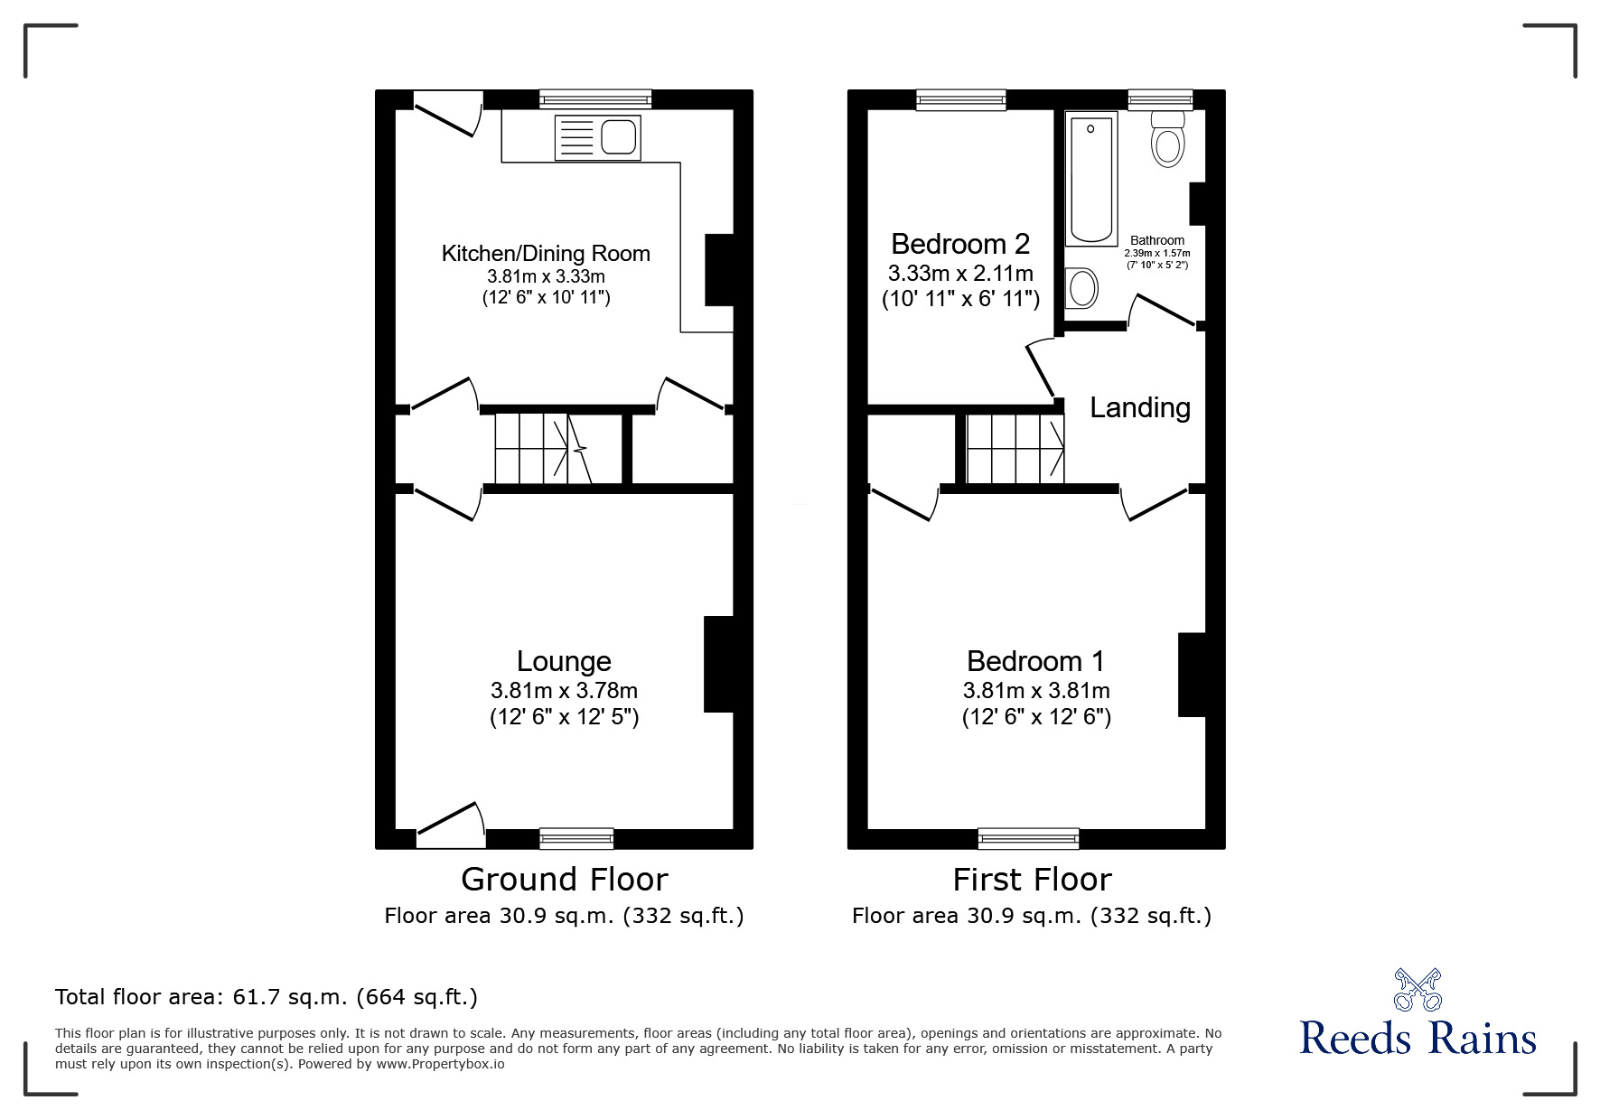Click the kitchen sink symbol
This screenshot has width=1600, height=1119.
(x=598, y=138)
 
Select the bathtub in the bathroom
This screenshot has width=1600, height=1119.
(x=1091, y=178)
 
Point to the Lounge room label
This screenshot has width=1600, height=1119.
(x=564, y=661)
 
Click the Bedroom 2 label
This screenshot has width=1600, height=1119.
(x=960, y=244)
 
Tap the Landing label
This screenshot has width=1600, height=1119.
(x=1139, y=408)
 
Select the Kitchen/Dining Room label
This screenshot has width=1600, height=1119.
(x=546, y=254)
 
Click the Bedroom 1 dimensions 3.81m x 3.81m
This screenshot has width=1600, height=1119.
(x=1036, y=691)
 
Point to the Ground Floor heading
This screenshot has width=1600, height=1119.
(x=564, y=879)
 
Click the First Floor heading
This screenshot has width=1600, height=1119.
(x=1032, y=879)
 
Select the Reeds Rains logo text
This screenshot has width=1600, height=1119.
(x=1418, y=1039)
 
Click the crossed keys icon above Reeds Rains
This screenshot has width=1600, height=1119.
(x=1418, y=989)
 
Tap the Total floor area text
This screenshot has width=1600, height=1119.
(x=267, y=997)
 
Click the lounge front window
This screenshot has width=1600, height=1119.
(x=576, y=839)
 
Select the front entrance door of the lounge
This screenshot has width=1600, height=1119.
(x=450, y=826)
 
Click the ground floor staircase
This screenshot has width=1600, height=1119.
(x=542, y=449)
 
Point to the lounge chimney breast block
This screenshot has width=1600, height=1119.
(x=718, y=665)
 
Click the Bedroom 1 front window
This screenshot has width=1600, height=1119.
(x=1028, y=839)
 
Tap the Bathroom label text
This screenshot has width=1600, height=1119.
(x=1157, y=240)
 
